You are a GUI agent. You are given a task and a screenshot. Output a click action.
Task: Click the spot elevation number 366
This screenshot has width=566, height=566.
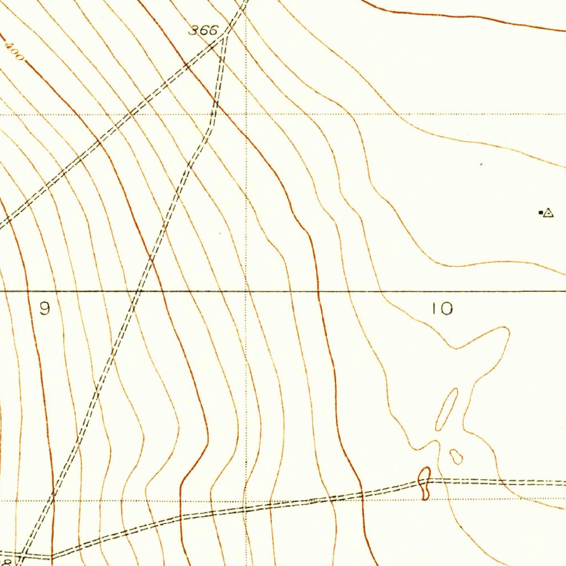tap(203, 31)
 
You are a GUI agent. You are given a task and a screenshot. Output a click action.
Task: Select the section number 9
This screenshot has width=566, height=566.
tap(45, 309)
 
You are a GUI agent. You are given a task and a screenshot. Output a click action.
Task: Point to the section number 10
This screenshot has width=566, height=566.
tap(442, 309)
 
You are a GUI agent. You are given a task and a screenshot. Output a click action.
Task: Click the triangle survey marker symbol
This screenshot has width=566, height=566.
tap(548, 213)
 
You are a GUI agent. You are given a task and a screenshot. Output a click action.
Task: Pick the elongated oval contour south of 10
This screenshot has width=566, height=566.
tap(447, 409)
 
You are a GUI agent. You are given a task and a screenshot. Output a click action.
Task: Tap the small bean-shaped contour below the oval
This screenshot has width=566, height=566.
tap(456, 457)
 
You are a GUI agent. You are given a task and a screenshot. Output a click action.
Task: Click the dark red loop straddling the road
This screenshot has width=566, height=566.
tap(424, 483)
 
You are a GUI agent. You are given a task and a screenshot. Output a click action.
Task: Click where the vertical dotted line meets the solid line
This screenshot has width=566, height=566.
tap(246, 290)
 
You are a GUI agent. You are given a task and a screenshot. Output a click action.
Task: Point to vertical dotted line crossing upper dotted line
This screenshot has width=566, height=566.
tap(246, 114)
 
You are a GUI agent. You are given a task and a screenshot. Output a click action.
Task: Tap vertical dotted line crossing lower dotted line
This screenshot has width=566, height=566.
tap(246, 501)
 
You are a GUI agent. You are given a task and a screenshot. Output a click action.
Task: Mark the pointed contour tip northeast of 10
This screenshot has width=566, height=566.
tap(506, 330)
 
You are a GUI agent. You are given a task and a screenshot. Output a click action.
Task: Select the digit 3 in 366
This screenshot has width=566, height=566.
tap(194, 31)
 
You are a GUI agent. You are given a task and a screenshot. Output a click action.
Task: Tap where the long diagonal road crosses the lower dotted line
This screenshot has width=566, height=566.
tap(54, 501)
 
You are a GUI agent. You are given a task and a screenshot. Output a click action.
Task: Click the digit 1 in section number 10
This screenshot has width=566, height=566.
tap(434, 309)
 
